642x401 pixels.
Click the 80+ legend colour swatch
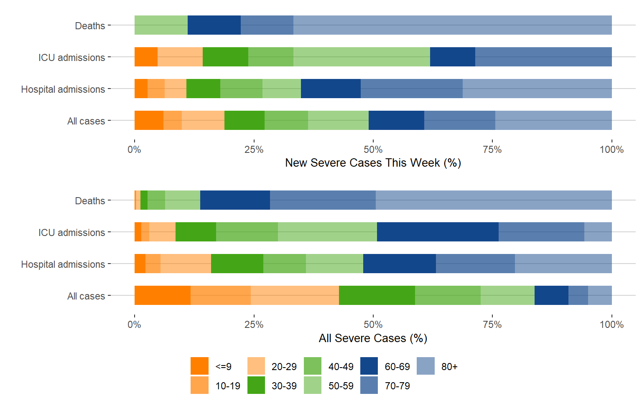point(425,366)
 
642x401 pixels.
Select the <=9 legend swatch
point(199,366)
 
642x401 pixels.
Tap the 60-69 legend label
point(397,367)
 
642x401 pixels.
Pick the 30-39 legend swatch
point(256,385)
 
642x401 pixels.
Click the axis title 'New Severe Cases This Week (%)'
point(373,163)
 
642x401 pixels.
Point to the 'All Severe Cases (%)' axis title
point(373,338)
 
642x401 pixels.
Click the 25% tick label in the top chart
point(254,150)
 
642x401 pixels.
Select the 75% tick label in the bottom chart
point(492,325)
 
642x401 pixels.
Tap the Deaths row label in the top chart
point(90,26)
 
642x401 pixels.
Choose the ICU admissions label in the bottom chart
point(71,233)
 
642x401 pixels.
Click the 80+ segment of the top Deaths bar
point(452,25)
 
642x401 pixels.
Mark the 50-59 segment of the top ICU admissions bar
point(362,57)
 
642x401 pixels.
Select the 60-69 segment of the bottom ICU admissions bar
point(438,232)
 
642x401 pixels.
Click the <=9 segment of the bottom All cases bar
point(162,295)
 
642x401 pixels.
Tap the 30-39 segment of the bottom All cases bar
point(377,295)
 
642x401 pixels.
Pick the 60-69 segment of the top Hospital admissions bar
point(331,89)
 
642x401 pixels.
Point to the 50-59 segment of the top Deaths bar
point(161,25)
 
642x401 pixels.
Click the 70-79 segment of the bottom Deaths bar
point(323,200)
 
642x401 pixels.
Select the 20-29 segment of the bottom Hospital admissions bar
point(186,264)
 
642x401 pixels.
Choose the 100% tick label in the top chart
point(611,150)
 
